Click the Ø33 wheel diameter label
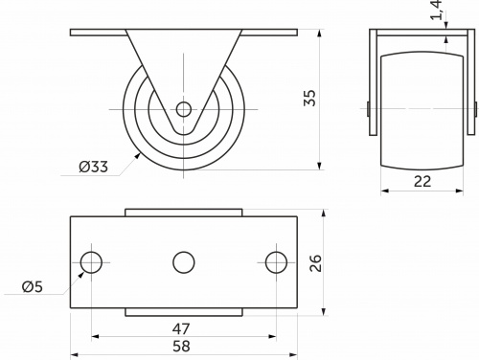(94, 167)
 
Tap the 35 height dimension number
(309, 98)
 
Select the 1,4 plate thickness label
(437, 10)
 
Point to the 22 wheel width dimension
(422, 181)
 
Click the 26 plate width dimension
(315, 263)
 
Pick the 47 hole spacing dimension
(181, 328)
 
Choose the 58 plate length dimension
(181, 346)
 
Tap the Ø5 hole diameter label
(33, 287)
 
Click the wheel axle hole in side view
(184, 109)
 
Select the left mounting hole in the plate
(91, 262)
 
